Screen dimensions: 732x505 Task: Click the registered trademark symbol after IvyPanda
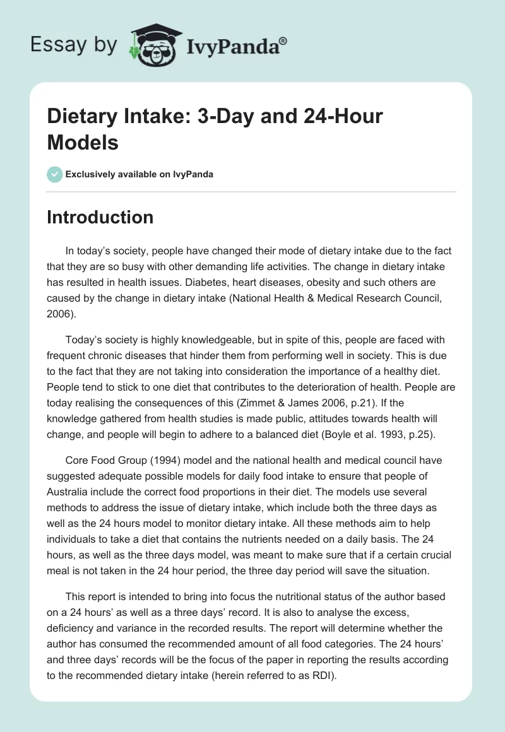(283, 40)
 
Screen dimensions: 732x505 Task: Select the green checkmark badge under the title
(54, 174)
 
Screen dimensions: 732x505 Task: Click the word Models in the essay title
(83, 143)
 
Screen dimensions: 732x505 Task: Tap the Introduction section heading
(100, 217)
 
